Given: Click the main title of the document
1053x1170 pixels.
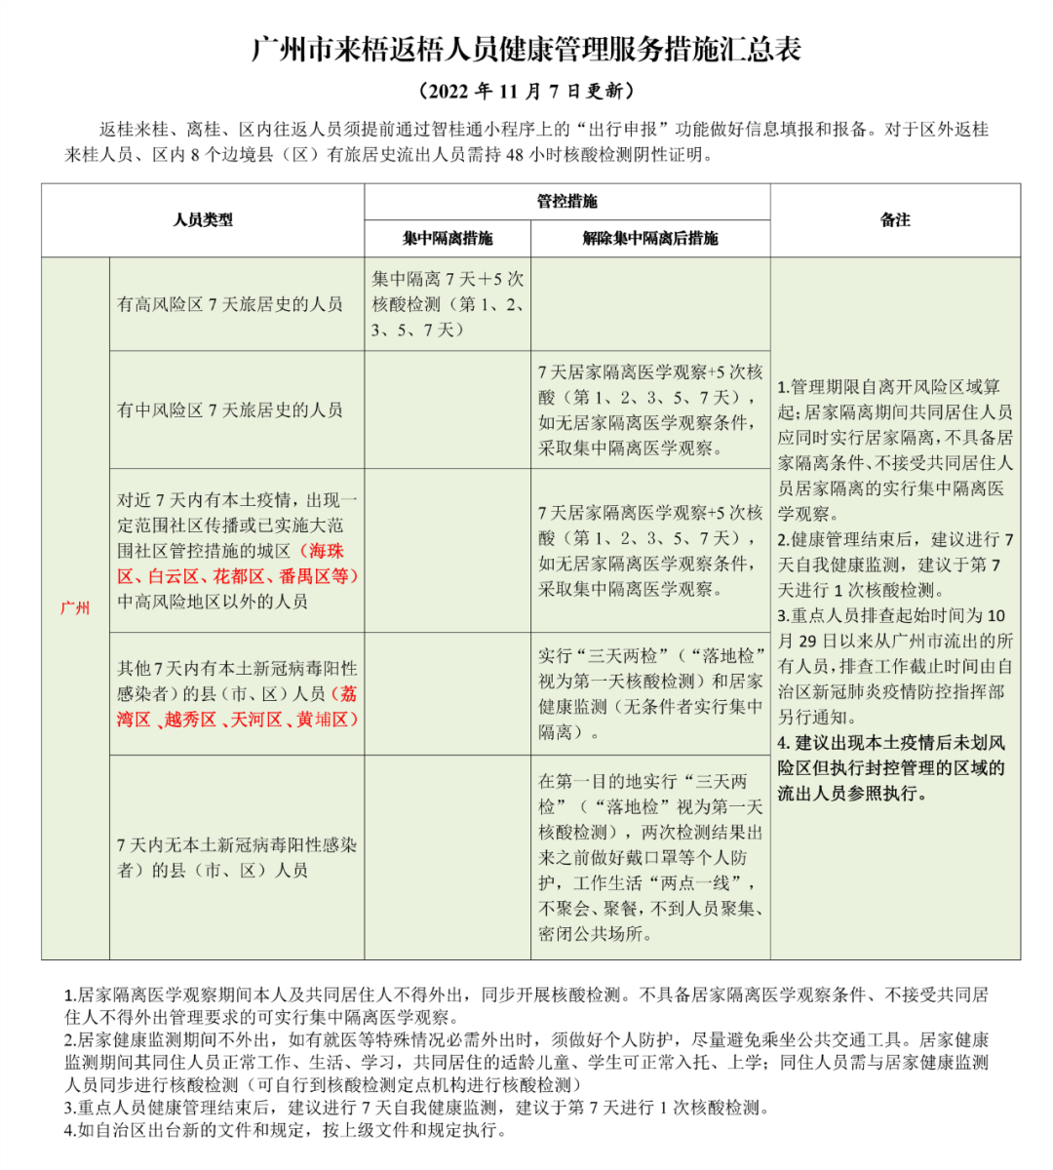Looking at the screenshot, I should [526, 50].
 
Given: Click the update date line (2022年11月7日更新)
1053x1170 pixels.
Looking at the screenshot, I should [526, 92].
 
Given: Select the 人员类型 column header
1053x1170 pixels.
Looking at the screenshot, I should [203, 220].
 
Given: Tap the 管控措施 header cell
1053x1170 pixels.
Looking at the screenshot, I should [566, 202].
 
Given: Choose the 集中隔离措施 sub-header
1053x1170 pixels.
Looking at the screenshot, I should [448, 238].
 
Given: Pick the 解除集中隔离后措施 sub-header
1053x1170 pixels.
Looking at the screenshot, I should [650, 238].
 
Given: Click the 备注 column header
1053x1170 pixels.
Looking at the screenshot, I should [895, 220].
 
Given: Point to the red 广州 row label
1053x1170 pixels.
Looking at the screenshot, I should [75, 607].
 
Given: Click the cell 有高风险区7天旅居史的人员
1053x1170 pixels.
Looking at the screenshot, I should [230, 304].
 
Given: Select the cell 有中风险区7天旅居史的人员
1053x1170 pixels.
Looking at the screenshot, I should [230, 409].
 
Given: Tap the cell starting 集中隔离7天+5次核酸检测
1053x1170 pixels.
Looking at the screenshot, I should [448, 304].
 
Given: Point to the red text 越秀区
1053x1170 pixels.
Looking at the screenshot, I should [190, 720].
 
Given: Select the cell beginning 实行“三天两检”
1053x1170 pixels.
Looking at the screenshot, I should [650, 693].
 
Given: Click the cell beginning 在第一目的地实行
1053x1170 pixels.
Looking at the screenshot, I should [650, 857].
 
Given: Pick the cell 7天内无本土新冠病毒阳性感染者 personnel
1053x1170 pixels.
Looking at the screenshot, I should [237, 857].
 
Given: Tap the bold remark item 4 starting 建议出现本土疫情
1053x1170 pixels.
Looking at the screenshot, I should [891, 768].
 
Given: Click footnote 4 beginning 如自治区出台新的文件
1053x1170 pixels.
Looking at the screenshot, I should [288, 1130].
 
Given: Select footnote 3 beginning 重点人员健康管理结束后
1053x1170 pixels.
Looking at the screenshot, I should [417, 1108].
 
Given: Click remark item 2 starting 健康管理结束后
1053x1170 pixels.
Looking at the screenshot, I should [895, 565].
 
